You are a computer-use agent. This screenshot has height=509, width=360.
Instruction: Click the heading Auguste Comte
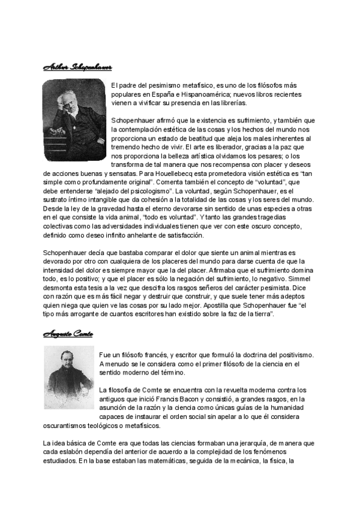click(x=67, y=333)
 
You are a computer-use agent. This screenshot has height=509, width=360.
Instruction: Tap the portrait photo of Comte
click(x=69, y=376)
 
